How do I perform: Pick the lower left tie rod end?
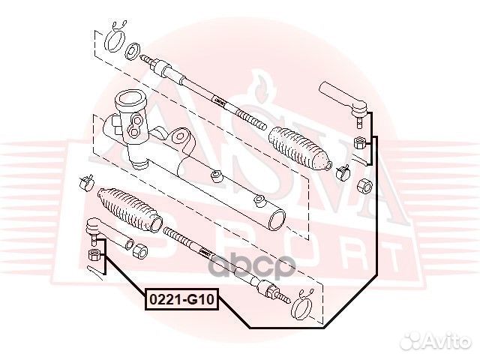click(x=94, y=228)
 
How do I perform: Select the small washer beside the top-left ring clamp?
click(x=133, y=51)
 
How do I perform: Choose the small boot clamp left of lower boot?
click(x=86, y=181)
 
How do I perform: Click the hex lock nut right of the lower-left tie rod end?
click(x=138, y=249)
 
